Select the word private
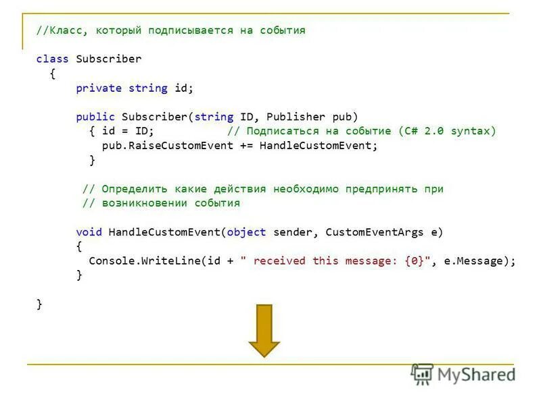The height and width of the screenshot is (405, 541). pos(99,88)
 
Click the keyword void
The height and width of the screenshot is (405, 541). pos(89,232)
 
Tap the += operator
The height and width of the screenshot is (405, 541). pos(246,145)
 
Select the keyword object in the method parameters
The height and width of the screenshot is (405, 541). pos(247,232)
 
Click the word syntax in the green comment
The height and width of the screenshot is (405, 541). pos(473,131)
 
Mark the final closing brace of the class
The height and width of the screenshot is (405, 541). pos(39,304)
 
